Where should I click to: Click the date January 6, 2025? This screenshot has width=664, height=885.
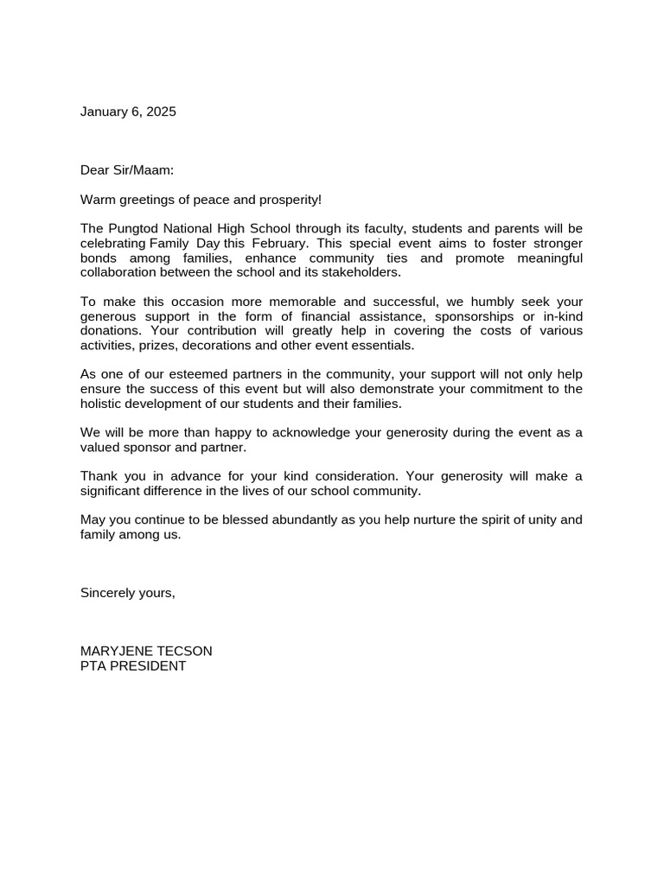pos(128,111)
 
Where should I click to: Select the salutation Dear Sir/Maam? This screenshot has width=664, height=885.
pos(127,170)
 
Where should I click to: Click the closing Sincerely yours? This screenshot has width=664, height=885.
pos(128,593)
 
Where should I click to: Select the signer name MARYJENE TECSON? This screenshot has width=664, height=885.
pos(146,651)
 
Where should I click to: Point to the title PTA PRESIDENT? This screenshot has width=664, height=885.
pos(133,666)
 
